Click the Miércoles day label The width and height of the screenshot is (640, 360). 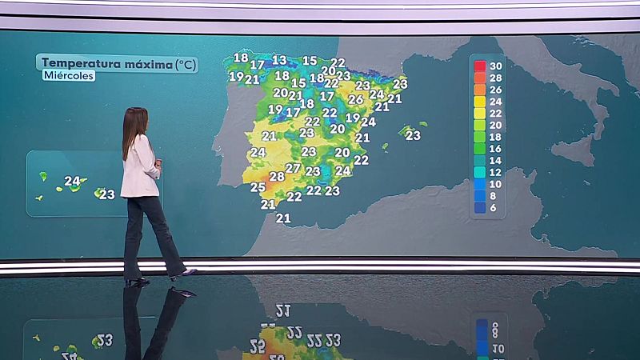(x=69, y=76)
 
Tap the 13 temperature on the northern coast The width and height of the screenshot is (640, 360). (x=278, y=60)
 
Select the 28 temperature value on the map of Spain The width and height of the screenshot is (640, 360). (x=277, y=176)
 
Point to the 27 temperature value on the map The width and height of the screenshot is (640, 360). (x=293, y=168)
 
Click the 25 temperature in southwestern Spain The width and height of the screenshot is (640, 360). (x=258, y=187)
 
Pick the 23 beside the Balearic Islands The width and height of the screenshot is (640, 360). (x=413, y=135)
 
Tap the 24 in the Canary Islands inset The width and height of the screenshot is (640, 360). (x=72, y=182)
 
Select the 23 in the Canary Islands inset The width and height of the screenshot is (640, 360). (x=107, y=194)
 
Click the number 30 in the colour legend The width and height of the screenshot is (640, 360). (x=496, y=66)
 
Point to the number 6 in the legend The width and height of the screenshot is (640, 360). (x=496, y=207)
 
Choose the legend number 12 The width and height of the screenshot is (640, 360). (x=496, y=172)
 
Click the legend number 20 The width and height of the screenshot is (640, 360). (x=496, y=125)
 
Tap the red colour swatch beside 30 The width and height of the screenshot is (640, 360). (x=480, y=66)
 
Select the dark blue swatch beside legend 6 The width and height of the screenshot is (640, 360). (x=480, y=207)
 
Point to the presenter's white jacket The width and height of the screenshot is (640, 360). (x=139, y=168)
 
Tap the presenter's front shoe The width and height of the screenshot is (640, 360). (x=183, y=274)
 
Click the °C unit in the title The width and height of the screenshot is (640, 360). (x=185, y=62)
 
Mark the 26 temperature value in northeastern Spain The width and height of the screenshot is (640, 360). (x=355, y=100)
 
